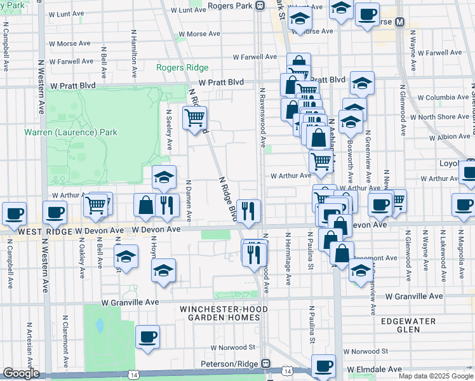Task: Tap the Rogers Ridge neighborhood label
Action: [183, 68]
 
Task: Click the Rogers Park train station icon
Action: [260, 6]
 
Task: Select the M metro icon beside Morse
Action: [400, 22]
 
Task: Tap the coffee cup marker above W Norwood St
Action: [147, 337]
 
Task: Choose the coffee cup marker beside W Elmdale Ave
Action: [324, 366]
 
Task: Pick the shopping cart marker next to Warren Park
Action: [194, 117]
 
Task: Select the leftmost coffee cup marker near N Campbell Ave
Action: [14, 213]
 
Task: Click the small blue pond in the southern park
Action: [100, 326]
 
